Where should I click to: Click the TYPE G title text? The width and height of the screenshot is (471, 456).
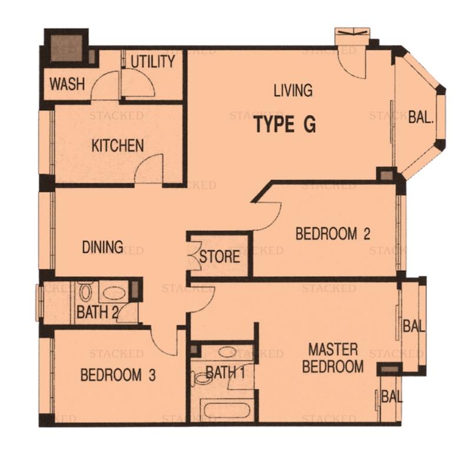pyautogui.click(x=285, y=125)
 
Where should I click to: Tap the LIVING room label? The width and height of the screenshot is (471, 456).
pyautogui.click(x=293, y=91)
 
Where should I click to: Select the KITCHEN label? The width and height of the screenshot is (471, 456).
pyautogui.click(x=118, y=146)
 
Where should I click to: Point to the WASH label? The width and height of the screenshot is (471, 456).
pyautogui.click(x=67, y=84)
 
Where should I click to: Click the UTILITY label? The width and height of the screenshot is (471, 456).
pyautogui.click(x=152, y=61)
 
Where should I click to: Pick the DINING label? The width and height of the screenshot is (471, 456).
pyautogui.click(x=102, y=247)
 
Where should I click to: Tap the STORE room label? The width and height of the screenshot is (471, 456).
pyautogui.click(x=219, y=257)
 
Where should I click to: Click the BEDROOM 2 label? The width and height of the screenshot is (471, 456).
pyautogui.click(x=333, y=234)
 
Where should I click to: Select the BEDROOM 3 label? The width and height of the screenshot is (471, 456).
pyautogui.click(x=118, y=375)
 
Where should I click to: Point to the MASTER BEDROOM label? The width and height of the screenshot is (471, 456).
pyautogui.click(x=333, y=358)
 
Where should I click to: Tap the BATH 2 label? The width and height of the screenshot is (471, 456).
pyautogui.click(x=97, y=312)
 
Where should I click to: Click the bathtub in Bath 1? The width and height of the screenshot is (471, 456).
pyautogui.click(x=227, y=408)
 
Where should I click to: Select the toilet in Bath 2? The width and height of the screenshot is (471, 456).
pyautogui.click(x=86, y=291)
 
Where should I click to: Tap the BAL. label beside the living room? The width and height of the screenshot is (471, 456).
pyautogui.click(x=421, y=117)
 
